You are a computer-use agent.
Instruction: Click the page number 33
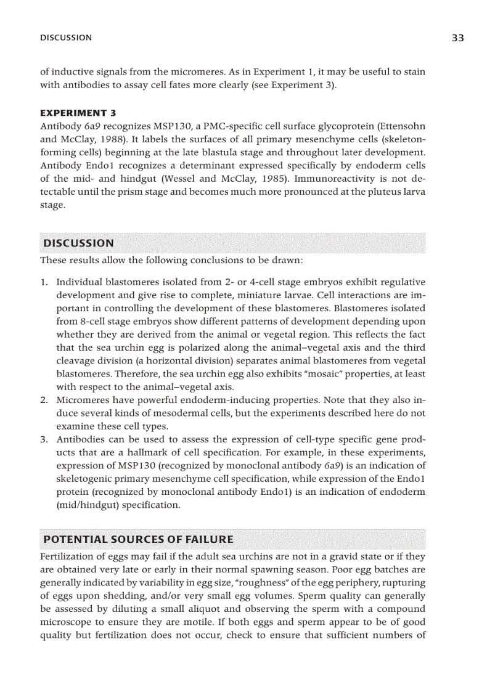(x=457, y=38)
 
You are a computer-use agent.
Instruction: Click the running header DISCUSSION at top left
(x=66, y=38)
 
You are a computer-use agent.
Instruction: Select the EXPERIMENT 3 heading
(x=78, y=113)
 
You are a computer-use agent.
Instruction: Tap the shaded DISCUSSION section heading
(x=78, y=243)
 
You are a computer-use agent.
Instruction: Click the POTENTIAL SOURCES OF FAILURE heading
(x=138, y=540)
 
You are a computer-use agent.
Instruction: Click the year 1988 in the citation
(x=116, y=139)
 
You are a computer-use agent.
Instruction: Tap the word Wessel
(x=179, y=179)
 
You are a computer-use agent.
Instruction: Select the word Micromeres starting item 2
(x=80, y=401)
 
